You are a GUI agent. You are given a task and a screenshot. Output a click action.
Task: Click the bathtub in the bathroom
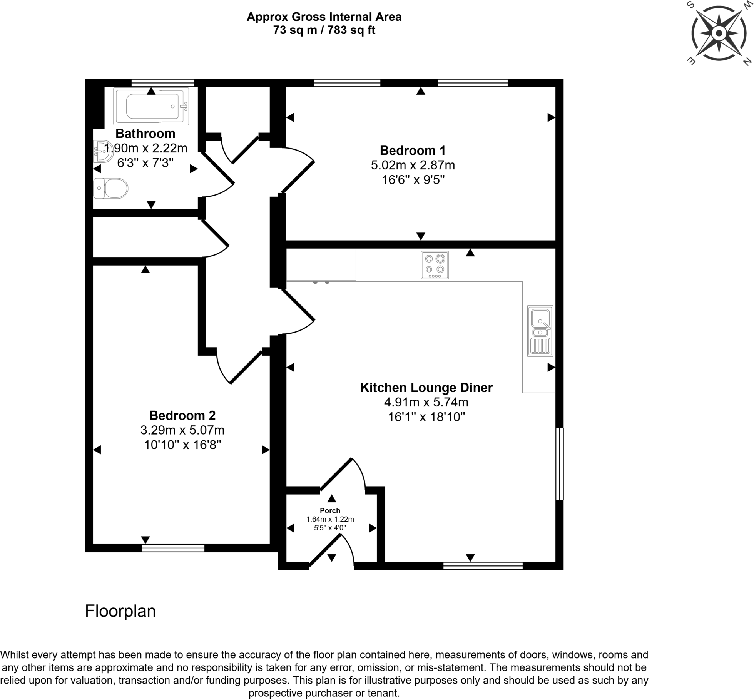[x=151, y=106]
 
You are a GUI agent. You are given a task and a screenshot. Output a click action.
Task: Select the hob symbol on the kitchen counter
[x=435, y=265]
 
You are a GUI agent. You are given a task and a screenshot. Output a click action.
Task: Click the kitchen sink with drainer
[x=540, y=331]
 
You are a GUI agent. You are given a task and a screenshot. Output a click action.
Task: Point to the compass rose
[x=718, y=34]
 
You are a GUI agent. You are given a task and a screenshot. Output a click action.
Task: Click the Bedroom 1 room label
[x=413, y=150]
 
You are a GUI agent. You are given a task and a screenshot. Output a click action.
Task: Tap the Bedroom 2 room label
[x=182, y=415]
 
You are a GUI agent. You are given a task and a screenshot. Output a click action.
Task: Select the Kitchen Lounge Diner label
[x=426, y=388]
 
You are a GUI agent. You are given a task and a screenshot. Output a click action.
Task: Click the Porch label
[x=330, y=510]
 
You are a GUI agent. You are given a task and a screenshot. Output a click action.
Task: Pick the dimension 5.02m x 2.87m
[x=413, y=165]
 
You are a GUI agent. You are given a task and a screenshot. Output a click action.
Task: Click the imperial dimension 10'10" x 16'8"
[x=182, y=445]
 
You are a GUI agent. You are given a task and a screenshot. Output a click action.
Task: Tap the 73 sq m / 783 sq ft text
[x=324, y=30]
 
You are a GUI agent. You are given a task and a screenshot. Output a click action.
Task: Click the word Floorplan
[x=120, y=611]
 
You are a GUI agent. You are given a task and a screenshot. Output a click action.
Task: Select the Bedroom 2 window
[x=173, y=548]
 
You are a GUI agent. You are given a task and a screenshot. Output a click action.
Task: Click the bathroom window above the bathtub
[x=162, y=82]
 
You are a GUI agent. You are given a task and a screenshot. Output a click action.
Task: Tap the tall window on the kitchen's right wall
[x=560, y=464]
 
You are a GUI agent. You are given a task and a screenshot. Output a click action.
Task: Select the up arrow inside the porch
[x=332, y=499]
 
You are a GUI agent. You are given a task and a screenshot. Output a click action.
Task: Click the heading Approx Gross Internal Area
[x=324, y=17]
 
